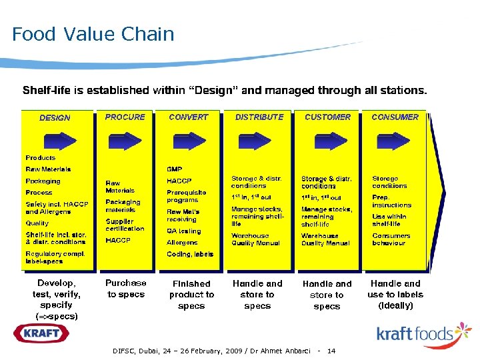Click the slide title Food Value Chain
(x=93, y=34)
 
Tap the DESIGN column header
(x=55, y=118)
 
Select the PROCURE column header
(x=125, y=117)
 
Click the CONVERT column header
(x=189, y=117)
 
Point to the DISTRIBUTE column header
(x=259, y=117)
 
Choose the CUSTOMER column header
(x=327, y=117)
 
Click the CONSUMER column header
(x=395, y=117)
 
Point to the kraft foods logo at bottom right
(x=423, y=333)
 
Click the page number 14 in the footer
(x=331, y=351)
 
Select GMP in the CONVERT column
(x=174, y=169)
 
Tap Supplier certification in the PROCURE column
(x=125, y=225)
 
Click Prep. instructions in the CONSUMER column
(x=391, y=201)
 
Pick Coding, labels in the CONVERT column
(x=190, y=254)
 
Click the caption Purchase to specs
(x=126, y=289)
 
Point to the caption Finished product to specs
(x=191, y=295)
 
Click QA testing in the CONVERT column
(x=183, y=231)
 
